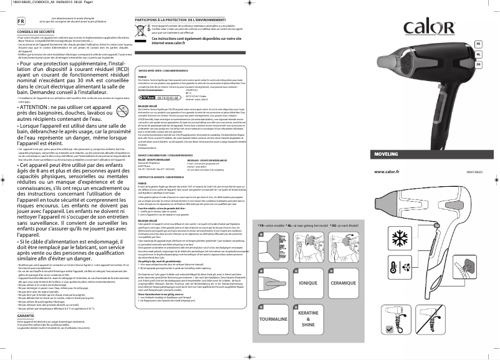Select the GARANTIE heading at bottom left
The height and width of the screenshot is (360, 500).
point(26,316)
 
